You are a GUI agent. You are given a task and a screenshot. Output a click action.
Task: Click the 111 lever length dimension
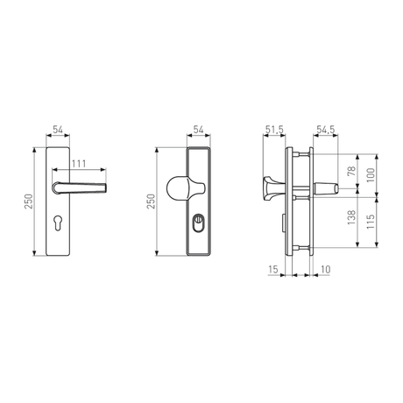pyautogui.click(x=79, y=164)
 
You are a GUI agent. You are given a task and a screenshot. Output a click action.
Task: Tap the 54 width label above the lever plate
pyautogui.click(x=58, y=130)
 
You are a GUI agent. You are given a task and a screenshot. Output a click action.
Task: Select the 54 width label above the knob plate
pyautogui.click(x=198, y=130)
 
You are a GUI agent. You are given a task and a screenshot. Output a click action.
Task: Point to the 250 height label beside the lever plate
pyautogui.click(x=29, y=201)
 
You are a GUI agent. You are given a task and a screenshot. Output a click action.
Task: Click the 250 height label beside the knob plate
pyautogui.click(x=151, y=201)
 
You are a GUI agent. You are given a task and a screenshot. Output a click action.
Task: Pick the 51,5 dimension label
pyautogui.click(x=274, y=130)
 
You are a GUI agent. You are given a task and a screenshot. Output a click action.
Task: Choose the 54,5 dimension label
pyautogui.click(x=326, y=130)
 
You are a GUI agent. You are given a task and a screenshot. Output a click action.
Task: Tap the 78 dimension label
pyautogui.click(x=351, y=171)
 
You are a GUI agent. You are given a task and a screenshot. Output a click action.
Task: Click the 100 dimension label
pyautogui.click(x=371, y=175)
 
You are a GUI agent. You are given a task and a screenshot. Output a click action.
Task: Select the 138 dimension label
pyautogui.click(x=351, y=217)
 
